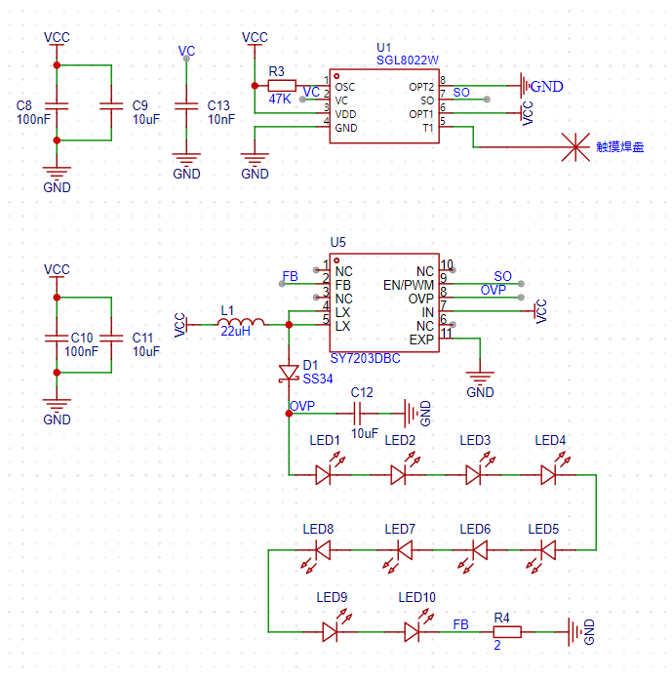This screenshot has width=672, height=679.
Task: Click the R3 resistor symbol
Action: [x=282, y=86]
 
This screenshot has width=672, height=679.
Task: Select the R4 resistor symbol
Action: [x=507, y=632]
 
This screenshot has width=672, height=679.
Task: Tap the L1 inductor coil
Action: [x=241, y=322]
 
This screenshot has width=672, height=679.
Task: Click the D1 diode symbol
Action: [x=289, y=374]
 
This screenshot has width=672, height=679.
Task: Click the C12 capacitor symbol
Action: [x=357, y=414]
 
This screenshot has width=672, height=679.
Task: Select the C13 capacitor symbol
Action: [x=186, y=106]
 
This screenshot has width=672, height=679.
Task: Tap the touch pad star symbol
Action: [x=575, y=147]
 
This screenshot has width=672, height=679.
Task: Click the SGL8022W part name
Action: [x=408, y=60]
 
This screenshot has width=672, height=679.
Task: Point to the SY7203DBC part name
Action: [x=365, y=359]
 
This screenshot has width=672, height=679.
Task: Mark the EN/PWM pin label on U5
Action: [x=409, y=285]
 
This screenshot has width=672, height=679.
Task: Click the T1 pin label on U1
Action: [x=428, y=128]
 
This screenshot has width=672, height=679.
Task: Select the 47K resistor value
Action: [x=280, y=100]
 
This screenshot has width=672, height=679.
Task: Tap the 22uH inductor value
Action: [x=236, y=332]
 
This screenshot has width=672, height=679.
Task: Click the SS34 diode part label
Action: [x=318, y=379]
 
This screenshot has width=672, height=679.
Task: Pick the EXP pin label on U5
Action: [x=421, y=339]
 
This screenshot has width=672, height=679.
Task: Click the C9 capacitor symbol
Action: [x=111, y=106]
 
